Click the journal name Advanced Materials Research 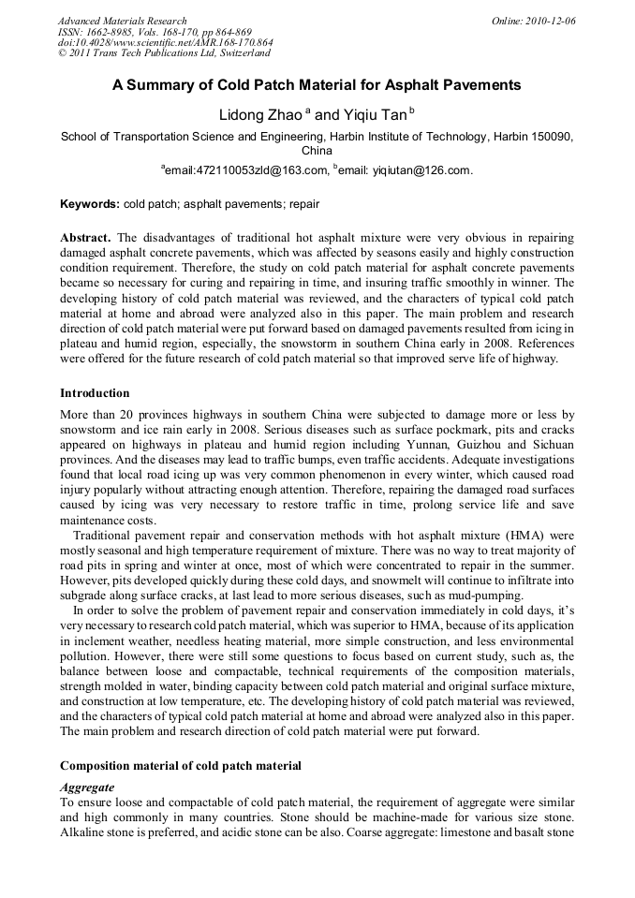pyautogui.click(x=122, y=21)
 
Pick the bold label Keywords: pyautogui.click(x=90, y=203)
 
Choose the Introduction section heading pyautogui.click(x=95, y=392)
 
